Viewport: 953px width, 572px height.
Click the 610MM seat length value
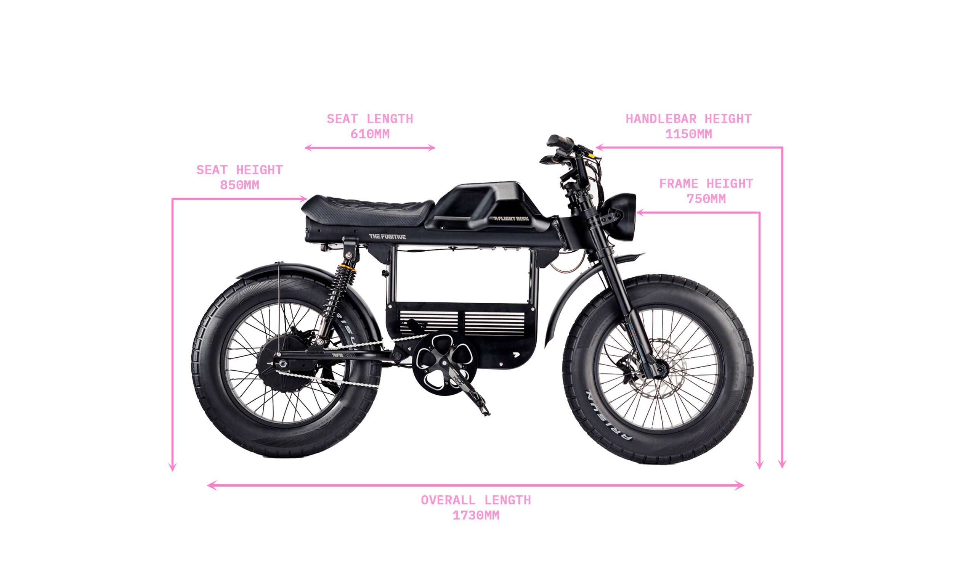coord(370,134)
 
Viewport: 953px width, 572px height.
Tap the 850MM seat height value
coord(239,185)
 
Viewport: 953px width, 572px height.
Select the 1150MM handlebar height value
coord(688,134)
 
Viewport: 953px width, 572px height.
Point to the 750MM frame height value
coord(706,199)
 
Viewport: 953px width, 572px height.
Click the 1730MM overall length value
coord(476,515)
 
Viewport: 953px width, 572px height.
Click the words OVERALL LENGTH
coord(476,500)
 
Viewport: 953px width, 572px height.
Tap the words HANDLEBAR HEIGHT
coord(688,119)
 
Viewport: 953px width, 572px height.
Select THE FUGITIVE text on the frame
coord(387,237)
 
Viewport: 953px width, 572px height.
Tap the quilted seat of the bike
coord(370,208)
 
